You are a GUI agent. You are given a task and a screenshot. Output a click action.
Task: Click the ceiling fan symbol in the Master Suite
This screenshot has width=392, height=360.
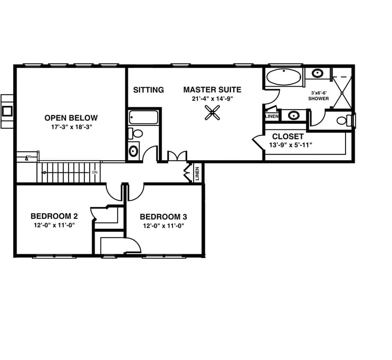(212, 114)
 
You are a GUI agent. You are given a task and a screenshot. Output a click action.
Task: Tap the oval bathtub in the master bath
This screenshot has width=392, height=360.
(284, 77)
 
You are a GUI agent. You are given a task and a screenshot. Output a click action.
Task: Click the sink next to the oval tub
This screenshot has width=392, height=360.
(318, 74)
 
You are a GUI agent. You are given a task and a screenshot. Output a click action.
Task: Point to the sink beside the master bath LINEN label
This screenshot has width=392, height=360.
(294, 116)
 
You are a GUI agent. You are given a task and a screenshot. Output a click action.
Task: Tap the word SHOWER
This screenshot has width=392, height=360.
(318, 98)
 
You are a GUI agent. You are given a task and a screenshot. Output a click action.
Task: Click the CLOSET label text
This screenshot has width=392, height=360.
(288, 137)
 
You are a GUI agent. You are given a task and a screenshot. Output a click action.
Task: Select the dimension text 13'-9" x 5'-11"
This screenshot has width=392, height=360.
(291, 145)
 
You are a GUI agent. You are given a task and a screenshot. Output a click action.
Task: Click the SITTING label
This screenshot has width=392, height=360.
(148, 90)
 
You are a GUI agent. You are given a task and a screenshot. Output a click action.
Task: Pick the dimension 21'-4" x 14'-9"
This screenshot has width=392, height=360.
(212, 98)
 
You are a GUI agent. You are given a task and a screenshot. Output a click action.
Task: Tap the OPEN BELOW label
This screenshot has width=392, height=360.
(71, 118)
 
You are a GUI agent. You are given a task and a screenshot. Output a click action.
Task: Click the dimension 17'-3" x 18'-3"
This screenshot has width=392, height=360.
(71, 126)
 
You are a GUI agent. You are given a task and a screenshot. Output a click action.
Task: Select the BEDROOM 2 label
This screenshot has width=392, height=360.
(54, 216)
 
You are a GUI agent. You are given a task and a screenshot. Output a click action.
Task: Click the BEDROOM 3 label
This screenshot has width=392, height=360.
(163, 217)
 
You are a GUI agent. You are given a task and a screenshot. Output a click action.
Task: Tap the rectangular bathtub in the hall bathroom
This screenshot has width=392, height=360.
(143, 118)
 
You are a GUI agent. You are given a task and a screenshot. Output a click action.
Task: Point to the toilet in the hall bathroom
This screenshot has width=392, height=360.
(136, 133)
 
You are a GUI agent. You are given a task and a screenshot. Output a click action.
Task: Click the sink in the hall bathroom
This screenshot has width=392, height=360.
(133, 150)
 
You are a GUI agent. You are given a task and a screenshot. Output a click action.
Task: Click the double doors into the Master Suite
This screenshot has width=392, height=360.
(177, 157)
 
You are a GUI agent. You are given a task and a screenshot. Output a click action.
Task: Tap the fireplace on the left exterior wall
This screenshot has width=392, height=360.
(7, 111)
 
